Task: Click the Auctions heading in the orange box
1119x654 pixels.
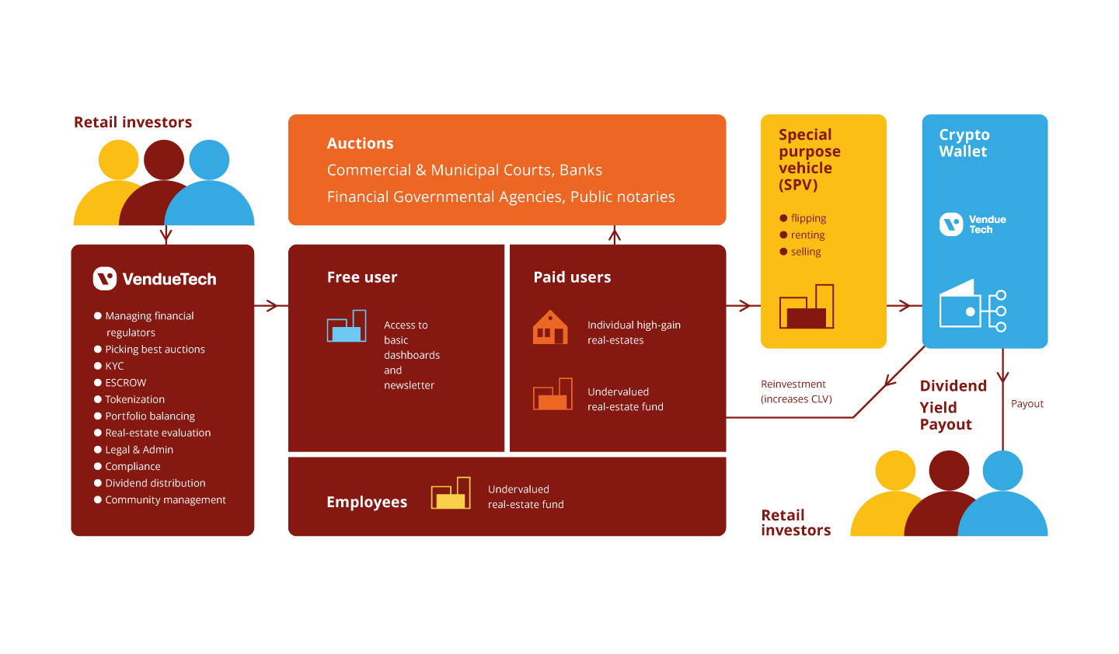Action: tap(360, 144)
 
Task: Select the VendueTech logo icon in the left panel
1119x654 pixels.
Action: tap(105, 279)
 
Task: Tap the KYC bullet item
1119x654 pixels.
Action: tap(114, 366)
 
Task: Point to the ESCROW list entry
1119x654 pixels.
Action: tap(125, 383)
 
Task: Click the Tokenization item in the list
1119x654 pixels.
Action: tap(134, 399)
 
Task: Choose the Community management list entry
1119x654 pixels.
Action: tap(165, 500)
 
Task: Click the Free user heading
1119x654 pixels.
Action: tap(362, 277)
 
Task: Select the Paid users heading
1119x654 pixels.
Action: tap(572, 277)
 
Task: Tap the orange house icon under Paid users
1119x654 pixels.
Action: tap(550, 328)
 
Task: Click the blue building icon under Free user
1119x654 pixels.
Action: tap(347, 326)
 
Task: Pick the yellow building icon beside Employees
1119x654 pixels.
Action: tap(451, 493)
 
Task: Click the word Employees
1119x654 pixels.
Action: tap(367, 503)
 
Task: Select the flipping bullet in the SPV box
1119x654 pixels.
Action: tap(807, 218)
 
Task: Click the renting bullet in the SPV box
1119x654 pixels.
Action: tap(807, 235)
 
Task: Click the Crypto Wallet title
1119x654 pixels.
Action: tap(964, 143)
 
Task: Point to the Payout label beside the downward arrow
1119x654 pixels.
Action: tap(1027, 404)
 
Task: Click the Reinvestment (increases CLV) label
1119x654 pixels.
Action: tap(796, 391)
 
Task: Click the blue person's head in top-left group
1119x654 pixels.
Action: tap(209, 159)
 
